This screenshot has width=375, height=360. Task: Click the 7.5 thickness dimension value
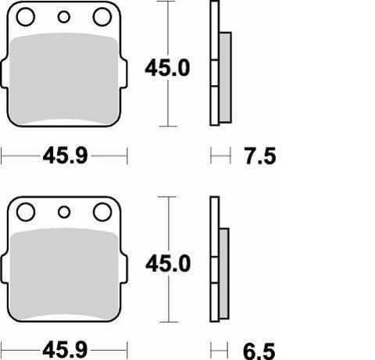click(260, 156)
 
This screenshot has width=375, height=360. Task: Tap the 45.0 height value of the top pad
click(167, 69)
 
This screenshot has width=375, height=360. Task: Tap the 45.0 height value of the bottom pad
click(167, 264)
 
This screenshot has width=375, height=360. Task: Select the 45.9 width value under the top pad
click(65, 156)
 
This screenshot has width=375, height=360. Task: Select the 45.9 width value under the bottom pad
click(65, 348)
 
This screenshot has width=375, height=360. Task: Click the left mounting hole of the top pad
click(26, 17)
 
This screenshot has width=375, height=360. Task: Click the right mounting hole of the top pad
click(101, 17)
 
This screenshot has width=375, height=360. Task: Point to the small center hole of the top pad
click(64, 17)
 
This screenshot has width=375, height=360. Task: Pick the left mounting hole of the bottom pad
click(26, 212)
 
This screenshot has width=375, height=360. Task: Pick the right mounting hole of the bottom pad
click(101, 212)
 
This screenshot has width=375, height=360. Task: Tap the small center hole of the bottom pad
click(64, 212)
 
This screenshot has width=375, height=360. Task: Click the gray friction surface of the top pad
click(64, 78)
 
